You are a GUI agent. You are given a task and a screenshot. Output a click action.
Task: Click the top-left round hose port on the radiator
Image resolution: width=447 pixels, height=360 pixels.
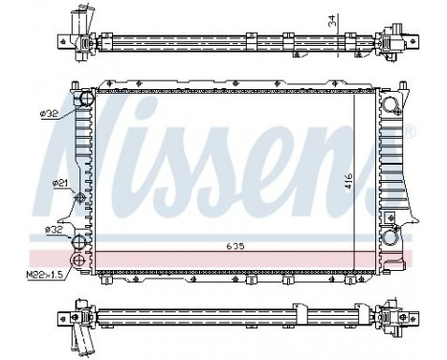tap(84, 99)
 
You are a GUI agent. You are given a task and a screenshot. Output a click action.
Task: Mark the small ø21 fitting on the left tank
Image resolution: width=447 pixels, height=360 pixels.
tap(80, 197)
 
